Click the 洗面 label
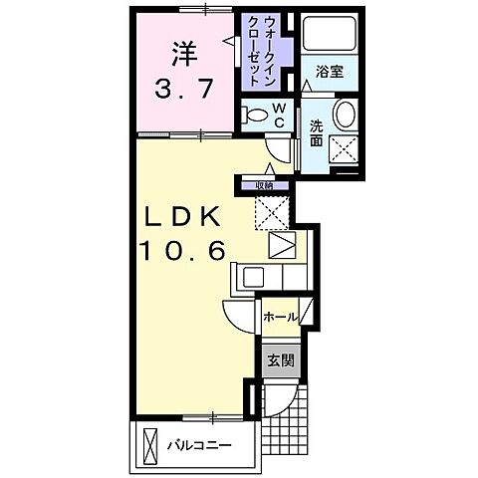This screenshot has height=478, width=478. (x=315, y=134)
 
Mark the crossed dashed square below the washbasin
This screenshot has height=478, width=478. (x=345, y=149)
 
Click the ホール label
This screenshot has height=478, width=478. (x=278, y=318)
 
